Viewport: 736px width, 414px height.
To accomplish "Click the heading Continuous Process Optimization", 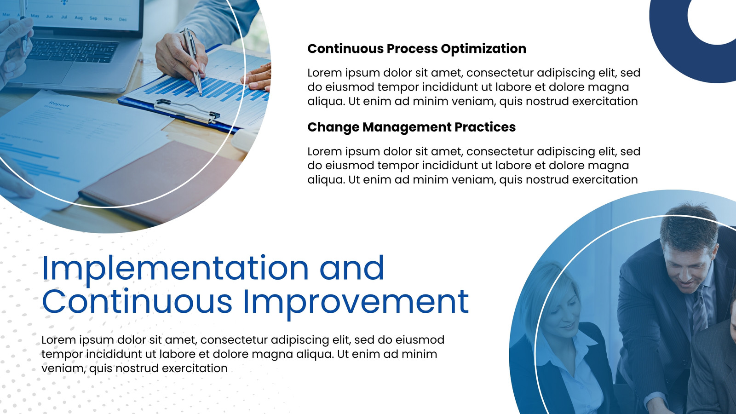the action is point(417,49).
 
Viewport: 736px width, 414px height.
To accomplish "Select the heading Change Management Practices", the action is point(411,127).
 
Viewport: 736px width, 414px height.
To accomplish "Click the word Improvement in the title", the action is point(356,302).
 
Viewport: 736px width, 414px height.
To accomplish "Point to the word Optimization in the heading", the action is point(483,49).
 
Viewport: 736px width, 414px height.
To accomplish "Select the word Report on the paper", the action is point(58,104).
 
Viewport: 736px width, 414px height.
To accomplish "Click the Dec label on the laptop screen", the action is point(123,19).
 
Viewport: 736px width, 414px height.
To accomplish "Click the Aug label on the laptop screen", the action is point(79,18).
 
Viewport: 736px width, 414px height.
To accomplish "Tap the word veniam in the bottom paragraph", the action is point(62,368).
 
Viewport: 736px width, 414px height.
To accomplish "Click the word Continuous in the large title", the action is point(138,301).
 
